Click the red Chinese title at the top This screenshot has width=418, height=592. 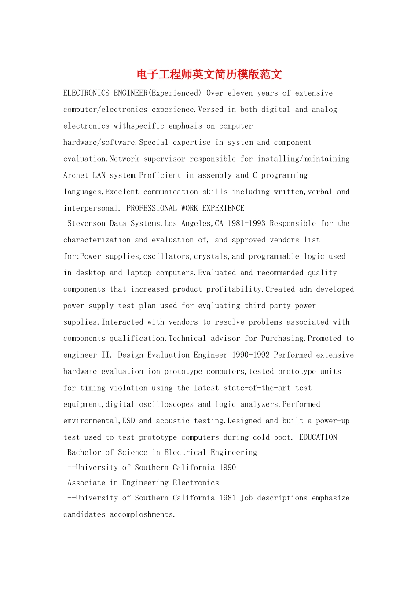point(209,74)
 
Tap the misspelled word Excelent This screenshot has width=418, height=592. point(122,192)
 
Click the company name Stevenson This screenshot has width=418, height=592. point(86,223)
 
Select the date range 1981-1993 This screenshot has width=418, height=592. point(246,223)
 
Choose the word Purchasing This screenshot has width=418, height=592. point(282,338)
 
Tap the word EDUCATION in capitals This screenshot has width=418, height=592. point(318,437)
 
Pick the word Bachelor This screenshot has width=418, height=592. point(84,452)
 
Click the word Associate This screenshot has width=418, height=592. point(86,483)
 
